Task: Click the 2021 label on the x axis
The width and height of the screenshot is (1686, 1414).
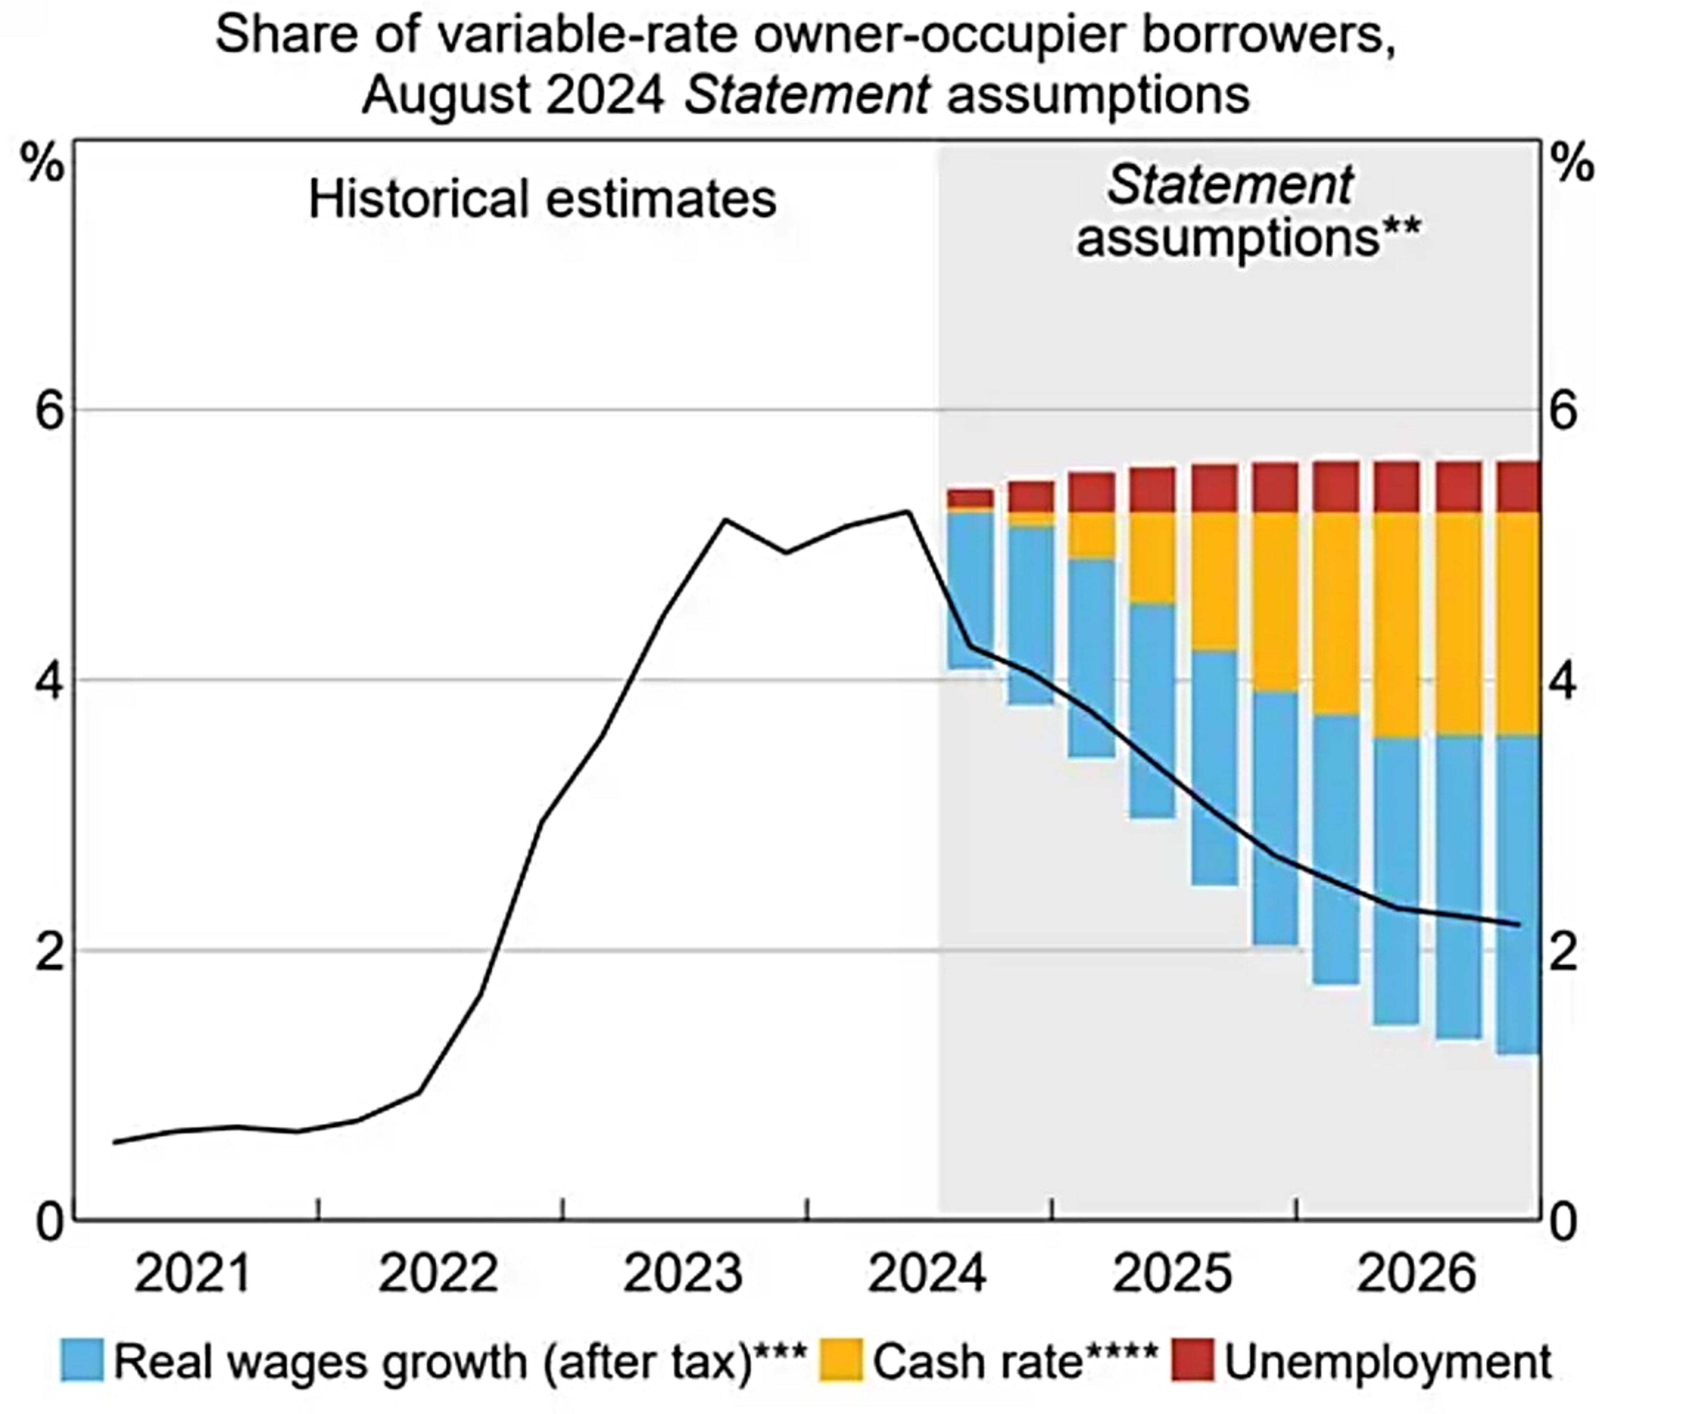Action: click(x=193, y=1274)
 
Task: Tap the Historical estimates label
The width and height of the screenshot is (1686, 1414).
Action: click(x=542, y=199)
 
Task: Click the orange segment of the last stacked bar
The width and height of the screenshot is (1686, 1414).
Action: click(x=1517, y=623)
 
